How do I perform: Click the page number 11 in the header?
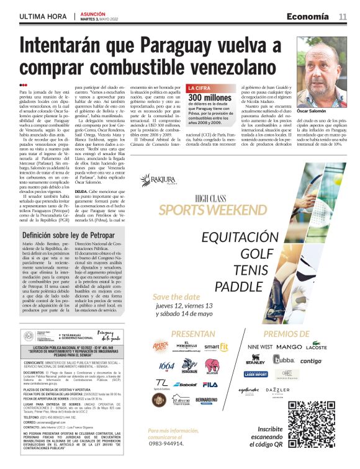click(x=343, y=17)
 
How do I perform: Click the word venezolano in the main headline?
click(x=222, y=67)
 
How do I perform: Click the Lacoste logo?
click(x=317, y=347)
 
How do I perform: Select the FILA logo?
click(x=210, y=385)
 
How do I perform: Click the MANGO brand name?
click(x=289, y=347)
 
